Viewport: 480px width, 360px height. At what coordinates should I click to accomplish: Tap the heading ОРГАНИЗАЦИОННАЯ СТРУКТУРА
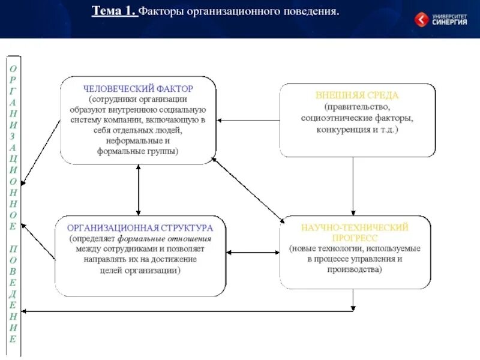pos(139,228)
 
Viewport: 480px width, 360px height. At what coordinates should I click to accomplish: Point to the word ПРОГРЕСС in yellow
pos(354,238)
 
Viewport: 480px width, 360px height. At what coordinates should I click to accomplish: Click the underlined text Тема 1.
pos(115,11)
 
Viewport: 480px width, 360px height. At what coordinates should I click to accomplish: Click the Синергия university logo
pos(441,19)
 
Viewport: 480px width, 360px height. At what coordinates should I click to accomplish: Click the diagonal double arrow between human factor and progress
pos(247,189)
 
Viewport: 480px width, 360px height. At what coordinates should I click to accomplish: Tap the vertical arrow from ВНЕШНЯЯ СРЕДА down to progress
pos(353,186)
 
